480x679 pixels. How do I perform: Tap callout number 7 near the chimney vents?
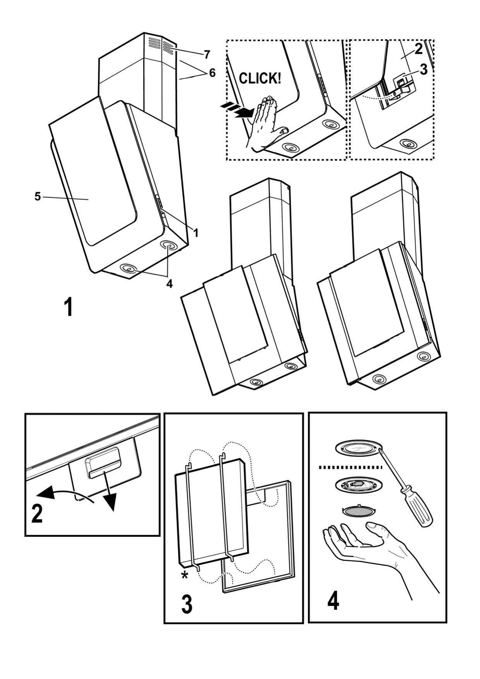(207, 53)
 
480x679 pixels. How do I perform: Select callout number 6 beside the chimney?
(212, 72)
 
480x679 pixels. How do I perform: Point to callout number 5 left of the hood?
(38, 197)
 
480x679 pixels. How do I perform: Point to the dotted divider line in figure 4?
(350, 468)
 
